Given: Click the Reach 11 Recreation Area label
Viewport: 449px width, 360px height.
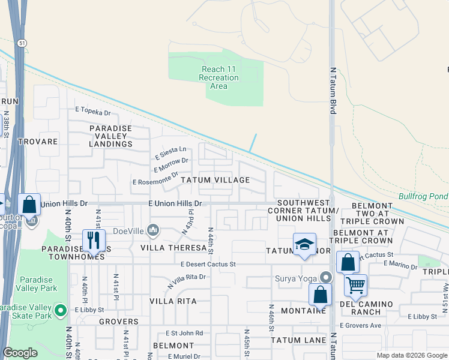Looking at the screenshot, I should [218, 78].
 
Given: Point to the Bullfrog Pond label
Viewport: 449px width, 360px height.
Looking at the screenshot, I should [423, 196].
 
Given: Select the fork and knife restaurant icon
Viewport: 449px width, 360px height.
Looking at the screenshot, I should [93, 240].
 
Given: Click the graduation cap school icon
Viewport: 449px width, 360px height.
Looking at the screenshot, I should [304, 244].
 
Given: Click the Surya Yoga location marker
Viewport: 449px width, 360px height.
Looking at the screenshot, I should [325, 277].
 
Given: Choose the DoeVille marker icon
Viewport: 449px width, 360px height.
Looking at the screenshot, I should [153, 230].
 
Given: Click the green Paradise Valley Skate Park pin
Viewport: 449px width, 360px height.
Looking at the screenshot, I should [60, 310].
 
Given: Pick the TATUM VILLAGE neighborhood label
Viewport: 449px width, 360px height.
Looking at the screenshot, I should [215, 180].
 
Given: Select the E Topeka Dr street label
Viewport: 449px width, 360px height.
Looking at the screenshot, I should [93, 112].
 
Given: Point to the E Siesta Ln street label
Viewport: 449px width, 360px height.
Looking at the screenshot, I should [171, 153].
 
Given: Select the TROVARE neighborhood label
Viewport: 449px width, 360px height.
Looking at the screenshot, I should [38, 142].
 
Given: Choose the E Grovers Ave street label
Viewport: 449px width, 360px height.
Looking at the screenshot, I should [360, 325].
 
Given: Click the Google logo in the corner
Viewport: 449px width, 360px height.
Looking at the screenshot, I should [20, 353].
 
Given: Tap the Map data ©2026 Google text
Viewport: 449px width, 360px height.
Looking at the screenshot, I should [411, 355].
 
